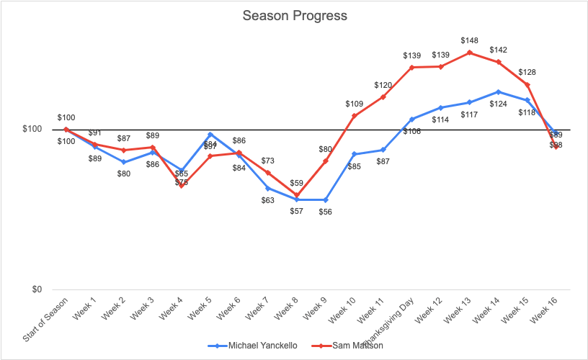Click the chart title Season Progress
(294, 15)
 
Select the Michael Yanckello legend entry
(262, 346)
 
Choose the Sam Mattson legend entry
(357, 346)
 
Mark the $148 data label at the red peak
(470, 40)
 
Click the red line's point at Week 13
(470, 53)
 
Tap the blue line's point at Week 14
(499, 91)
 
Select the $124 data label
(499, 104)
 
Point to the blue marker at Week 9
(326, 199)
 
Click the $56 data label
(326, 212)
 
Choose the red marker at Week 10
(355, 115)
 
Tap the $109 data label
(355, 104)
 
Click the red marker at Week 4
(182, 186)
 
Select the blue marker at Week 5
(210, 135)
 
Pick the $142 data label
(499, 50)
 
